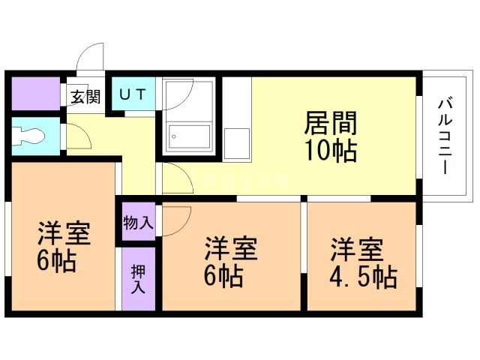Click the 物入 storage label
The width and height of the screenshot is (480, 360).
139,222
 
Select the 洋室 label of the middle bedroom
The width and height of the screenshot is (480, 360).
232,248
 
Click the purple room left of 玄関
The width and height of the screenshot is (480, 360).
35,94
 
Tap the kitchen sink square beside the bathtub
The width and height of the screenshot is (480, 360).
236,140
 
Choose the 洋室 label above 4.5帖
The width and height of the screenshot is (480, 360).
358,248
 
